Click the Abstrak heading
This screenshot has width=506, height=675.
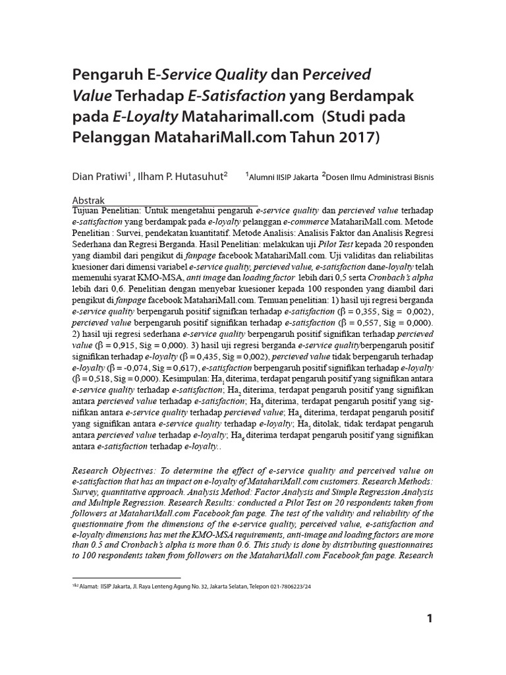point(88,199)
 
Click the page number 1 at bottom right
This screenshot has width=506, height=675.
point(429,618)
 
